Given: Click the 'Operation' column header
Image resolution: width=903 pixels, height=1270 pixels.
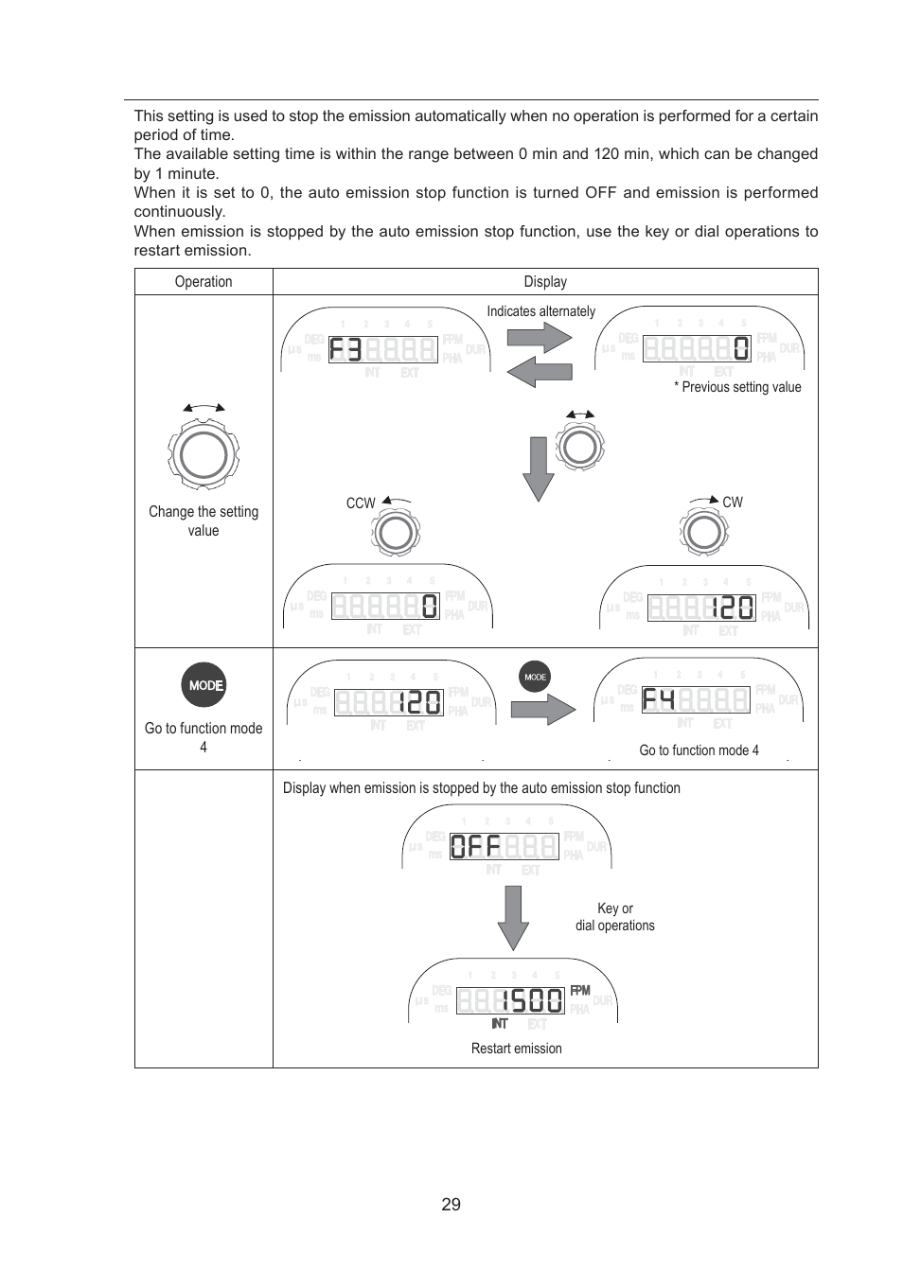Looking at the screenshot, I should tap(204, 282).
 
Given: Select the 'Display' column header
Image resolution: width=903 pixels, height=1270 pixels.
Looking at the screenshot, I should tap(545, 282).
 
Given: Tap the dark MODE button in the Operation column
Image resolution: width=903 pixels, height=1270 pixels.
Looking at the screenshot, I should tap(204, 685).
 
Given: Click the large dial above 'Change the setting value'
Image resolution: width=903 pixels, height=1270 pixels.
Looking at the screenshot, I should tap(204, 455).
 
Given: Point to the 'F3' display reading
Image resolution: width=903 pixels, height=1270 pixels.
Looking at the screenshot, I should tap(345, 350).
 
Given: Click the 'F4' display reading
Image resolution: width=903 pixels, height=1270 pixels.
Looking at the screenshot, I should tap(659, 700).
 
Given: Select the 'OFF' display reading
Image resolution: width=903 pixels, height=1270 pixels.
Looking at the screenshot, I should tap(475, 846).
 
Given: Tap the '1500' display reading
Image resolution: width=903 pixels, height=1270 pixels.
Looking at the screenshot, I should tap(531, 1001).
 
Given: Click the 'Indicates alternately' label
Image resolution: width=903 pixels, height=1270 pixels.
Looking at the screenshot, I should tap(540, 311).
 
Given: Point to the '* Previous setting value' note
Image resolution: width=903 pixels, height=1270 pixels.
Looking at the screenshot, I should tap(737, 387).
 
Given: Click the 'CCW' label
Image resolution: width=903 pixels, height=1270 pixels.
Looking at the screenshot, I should tap(361, 503).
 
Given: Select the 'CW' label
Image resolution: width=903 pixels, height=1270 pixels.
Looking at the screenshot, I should tap(733, 503).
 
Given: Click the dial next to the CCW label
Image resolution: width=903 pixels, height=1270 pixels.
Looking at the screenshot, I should tap(395, 533).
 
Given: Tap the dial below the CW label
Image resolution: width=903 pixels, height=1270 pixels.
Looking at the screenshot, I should tap(704, 533).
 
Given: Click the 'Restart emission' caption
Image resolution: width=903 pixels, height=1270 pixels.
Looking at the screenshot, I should tap(516, 1049).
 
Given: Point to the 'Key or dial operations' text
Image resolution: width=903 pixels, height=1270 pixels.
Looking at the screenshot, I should tap(615, 917).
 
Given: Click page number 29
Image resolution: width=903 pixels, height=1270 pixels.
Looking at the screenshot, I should tap(451, 1205).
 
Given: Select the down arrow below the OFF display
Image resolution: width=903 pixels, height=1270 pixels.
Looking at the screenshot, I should tap(513, 917).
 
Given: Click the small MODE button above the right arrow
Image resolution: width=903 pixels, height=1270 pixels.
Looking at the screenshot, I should tap(535, 677).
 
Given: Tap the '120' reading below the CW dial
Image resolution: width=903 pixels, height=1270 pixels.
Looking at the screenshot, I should tap(733, 608).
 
